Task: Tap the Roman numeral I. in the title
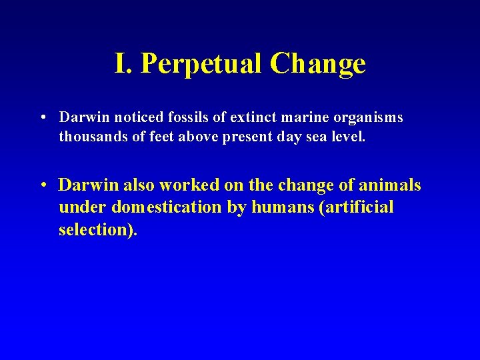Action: [x=123, y=64]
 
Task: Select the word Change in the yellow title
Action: [x=318, y=64]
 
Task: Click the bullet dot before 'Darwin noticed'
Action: [x=42, y=117]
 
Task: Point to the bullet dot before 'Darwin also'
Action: [x=42, y=185]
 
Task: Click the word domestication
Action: [x=167, y=207]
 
